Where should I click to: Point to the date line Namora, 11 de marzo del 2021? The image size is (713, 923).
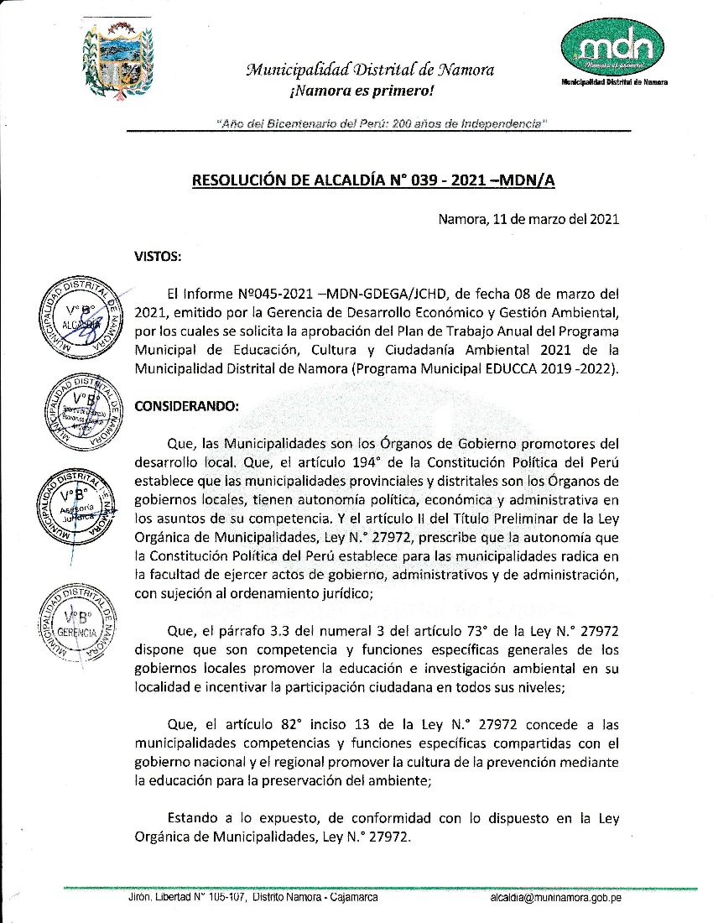528,220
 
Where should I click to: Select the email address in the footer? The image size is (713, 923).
555,898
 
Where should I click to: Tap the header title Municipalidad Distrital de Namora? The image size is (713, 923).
370,70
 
